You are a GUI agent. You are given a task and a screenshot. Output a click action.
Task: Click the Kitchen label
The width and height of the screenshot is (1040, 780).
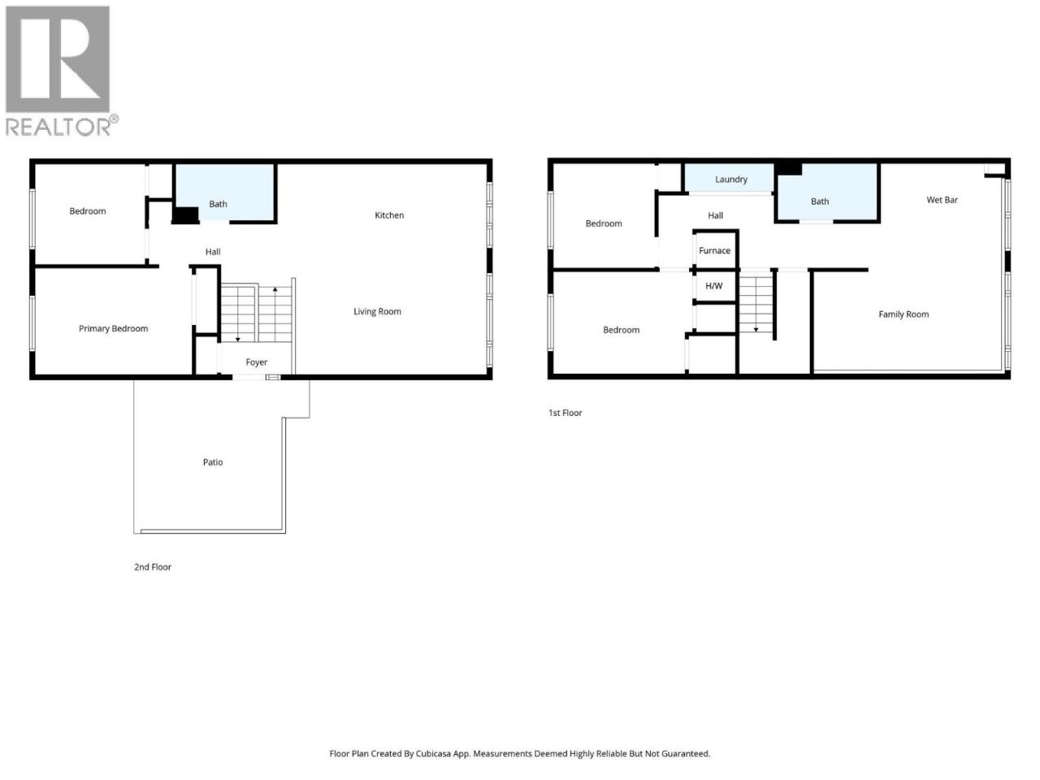(x=389, y=215)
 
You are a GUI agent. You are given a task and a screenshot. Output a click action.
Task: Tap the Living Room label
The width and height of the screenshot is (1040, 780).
(x=377, y=311)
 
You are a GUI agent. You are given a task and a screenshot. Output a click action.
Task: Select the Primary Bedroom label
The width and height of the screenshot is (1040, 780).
(x=113, y=328)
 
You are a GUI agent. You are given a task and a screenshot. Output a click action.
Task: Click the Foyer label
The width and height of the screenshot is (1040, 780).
(x=256, y=362)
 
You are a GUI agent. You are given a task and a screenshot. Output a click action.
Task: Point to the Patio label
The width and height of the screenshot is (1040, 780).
(x=213, y=462)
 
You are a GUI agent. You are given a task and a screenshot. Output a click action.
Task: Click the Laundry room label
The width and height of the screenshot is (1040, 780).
(x=731, y=180)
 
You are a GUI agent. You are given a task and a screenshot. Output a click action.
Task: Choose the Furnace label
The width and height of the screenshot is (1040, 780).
(x=714, y=250)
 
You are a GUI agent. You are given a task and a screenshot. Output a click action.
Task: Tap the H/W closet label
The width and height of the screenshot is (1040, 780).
(x=714, y=286)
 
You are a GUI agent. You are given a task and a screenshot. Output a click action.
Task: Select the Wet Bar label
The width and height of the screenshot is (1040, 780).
(x=942, y=200)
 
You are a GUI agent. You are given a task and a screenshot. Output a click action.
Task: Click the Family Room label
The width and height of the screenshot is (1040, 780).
(x=903, y=314)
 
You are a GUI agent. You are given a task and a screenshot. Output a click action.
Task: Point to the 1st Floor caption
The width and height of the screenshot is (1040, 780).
(x=565, y=413)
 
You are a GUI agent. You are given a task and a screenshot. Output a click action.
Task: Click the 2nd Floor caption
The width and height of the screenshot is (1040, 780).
(x=153, y=567)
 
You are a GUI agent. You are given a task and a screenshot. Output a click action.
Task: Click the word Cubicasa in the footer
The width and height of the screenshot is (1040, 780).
(x=434, y=753)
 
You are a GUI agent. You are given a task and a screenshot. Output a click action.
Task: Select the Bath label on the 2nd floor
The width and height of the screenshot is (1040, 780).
(x=218, y=204)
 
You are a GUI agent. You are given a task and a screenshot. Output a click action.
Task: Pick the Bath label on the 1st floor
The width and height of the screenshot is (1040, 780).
(x=820, y=201)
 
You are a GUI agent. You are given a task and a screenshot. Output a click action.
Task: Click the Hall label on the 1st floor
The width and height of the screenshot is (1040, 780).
(x=716, y=216)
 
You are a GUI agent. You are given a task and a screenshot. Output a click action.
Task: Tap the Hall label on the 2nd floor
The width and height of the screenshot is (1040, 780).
(x=213, y=252)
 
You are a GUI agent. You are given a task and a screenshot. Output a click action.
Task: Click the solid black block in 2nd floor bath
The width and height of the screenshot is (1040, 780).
(x=185, y=215)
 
